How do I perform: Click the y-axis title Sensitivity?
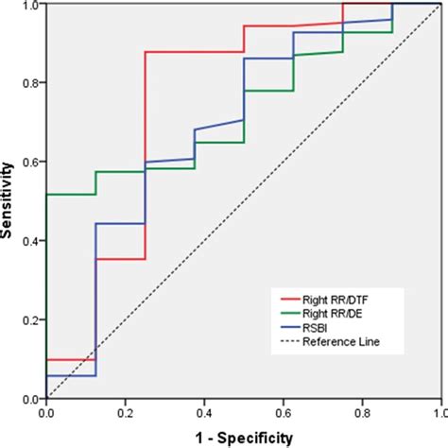[9, 200]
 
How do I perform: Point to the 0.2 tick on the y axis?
[32, 320]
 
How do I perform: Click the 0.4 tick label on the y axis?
[32, 241]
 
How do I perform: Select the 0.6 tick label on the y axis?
[32, 162]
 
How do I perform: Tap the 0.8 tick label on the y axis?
[32, 83]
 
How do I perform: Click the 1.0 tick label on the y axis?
[32, 5]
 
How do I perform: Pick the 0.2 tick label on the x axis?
[125, 412]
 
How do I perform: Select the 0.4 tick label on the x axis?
[203, 412]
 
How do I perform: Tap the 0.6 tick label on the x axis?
[283, 412]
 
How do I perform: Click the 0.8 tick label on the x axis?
[361, 412]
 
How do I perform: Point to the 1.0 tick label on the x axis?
[438, 412]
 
